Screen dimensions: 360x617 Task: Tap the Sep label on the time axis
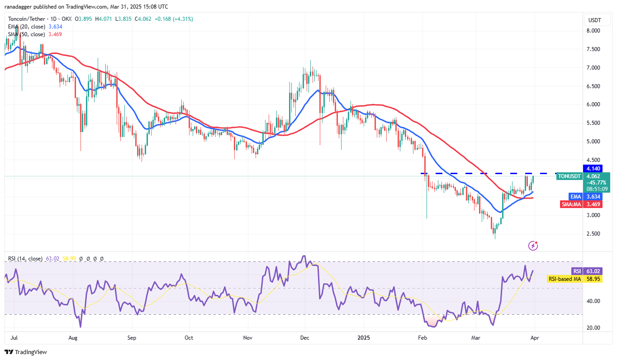coord(132,337)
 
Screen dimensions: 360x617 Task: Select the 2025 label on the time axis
coord(364,337)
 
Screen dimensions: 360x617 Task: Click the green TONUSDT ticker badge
coord(569,176)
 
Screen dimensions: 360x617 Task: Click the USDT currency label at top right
coord(594,20)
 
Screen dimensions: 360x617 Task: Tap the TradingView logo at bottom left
coord(26,352)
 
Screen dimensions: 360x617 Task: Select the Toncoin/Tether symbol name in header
coord(28,19)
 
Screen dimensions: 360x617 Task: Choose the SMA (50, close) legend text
coord(26,34)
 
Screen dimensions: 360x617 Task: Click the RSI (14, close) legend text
coord(25,259)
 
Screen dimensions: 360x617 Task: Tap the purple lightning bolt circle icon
coord(533,246)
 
